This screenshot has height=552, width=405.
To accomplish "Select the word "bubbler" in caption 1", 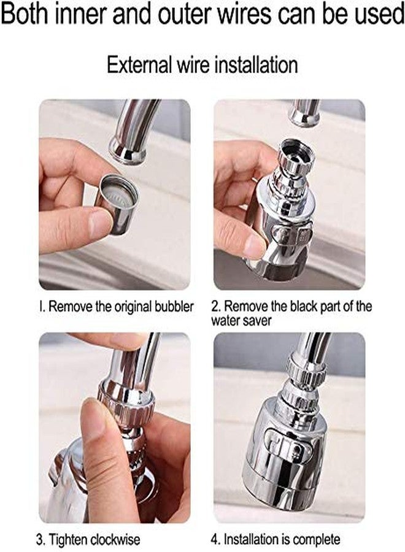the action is click(174, 306).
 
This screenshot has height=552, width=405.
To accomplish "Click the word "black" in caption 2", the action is click(306, 306).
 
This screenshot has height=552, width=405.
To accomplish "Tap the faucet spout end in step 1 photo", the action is click(128, 151).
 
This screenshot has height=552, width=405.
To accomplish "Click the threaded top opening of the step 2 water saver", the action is click(298, 151).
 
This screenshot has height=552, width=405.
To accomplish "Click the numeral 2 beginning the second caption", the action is click(215, 306).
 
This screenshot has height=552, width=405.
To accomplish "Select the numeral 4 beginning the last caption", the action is click(215, 539).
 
